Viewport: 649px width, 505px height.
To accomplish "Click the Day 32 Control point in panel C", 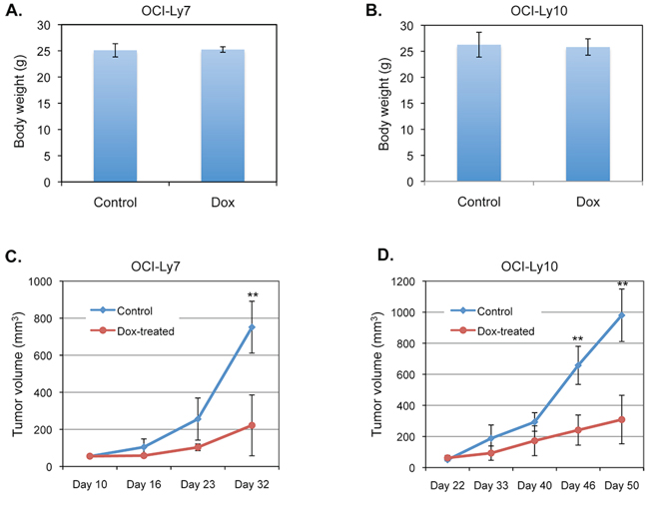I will (x=252, y=327).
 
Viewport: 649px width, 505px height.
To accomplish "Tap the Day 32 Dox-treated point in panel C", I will (x=252, y=425).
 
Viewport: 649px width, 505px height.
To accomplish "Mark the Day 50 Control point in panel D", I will (x=621, y=315).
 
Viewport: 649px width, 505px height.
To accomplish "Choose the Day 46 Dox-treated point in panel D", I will (x=577, y=430).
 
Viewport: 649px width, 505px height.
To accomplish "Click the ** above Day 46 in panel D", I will (x=577, y=340).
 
